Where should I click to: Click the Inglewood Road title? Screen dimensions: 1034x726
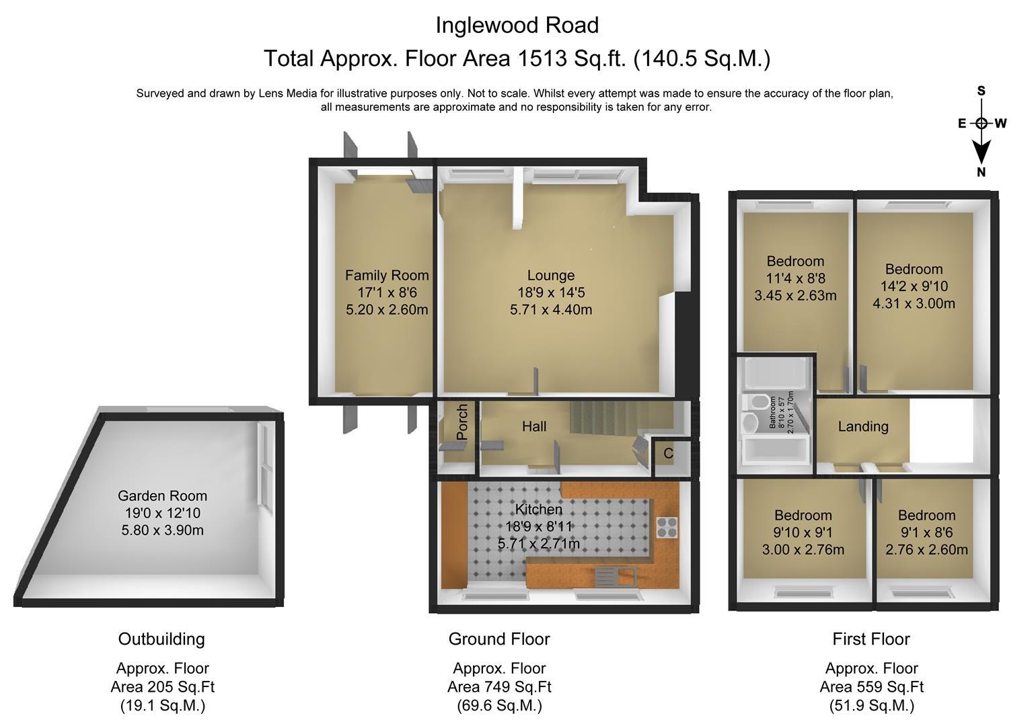pos(517,26)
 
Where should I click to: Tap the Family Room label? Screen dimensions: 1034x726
pos(387,276)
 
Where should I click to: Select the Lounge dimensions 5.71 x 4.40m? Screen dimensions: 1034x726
pos(551,309)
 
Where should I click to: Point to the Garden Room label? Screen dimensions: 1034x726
pos(162,496)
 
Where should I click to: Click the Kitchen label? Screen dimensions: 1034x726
pos(539,510)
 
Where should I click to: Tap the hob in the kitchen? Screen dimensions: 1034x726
pos(667,527)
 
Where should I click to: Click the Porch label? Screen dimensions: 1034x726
pos(462,421)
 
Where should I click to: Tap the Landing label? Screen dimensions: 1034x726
pos(863,426)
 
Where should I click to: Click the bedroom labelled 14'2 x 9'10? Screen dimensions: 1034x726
pos(914,286)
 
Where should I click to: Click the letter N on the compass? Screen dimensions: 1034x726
pos(981,172)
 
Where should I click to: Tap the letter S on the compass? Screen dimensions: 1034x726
pos(982,91)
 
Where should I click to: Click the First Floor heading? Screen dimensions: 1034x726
pos(871,639)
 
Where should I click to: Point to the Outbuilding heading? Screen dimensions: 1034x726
pos(161,639)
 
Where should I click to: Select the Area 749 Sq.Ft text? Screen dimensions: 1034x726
pos(499,687)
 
